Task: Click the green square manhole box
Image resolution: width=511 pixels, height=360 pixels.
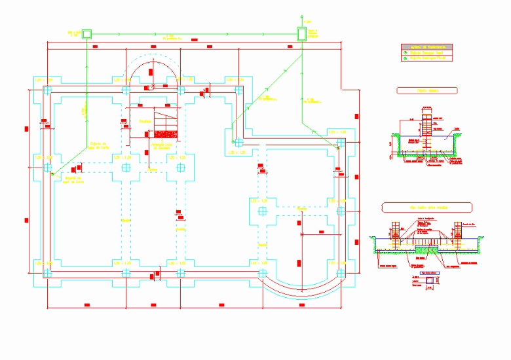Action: click(86, 33)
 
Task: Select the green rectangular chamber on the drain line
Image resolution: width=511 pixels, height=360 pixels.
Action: click(302, 33)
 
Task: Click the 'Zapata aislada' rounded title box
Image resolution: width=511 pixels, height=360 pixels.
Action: click(426, 90)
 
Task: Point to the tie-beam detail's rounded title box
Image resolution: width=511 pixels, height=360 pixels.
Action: click(426, 207)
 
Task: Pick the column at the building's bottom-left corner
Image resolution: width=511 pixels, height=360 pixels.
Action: click(48, 272)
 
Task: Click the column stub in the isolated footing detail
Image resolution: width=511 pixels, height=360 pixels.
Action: click(426, 124)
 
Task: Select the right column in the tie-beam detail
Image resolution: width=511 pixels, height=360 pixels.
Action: click(458, 234)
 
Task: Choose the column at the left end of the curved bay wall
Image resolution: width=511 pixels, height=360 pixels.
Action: click(263, 272)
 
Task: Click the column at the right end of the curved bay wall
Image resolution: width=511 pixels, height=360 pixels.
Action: click(340, 272)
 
